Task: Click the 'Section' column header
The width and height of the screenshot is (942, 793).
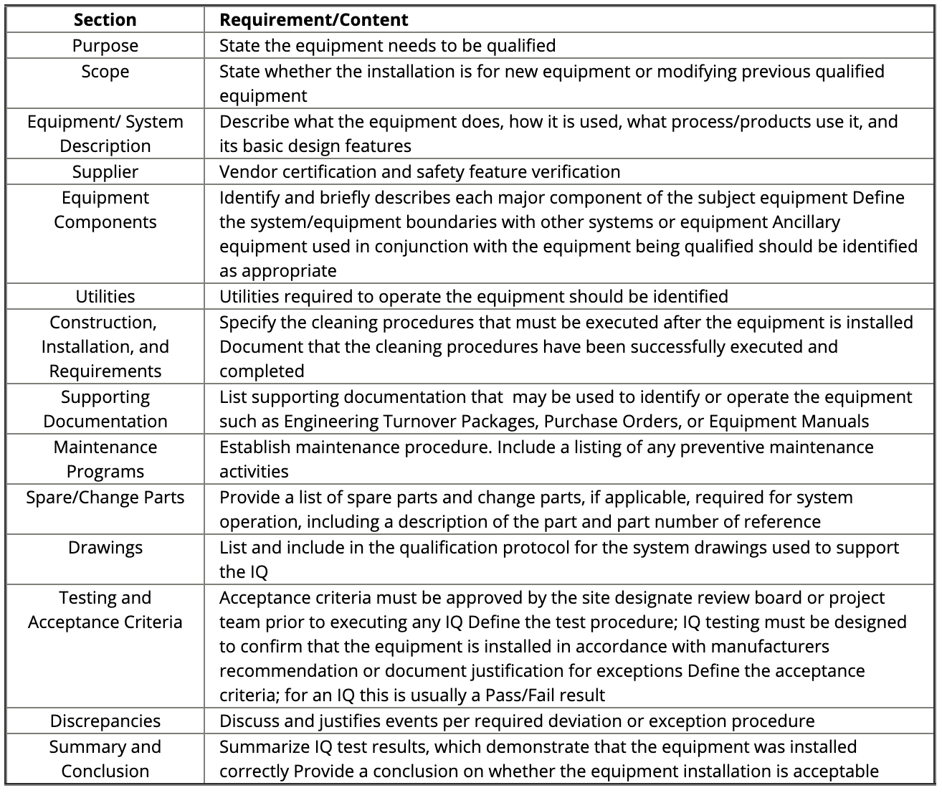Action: point(105,19)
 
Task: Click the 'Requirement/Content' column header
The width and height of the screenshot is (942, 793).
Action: point(313,19)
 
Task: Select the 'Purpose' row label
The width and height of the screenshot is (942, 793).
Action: point(105,46)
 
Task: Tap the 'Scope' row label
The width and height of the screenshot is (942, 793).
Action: point(105,72)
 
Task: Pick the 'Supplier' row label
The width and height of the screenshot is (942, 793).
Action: point(105,172)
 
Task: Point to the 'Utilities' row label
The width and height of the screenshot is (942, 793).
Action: point(105,297)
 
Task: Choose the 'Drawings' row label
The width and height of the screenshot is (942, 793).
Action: point(105,548)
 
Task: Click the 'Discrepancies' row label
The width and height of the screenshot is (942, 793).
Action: point(105,721)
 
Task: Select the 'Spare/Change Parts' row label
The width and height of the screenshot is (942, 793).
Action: point(105,498)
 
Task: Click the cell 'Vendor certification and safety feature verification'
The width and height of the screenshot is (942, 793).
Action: point(419,172)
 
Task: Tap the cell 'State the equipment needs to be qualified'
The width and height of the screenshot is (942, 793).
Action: point(387,46)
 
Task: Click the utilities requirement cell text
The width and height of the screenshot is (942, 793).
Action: point(473,297)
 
